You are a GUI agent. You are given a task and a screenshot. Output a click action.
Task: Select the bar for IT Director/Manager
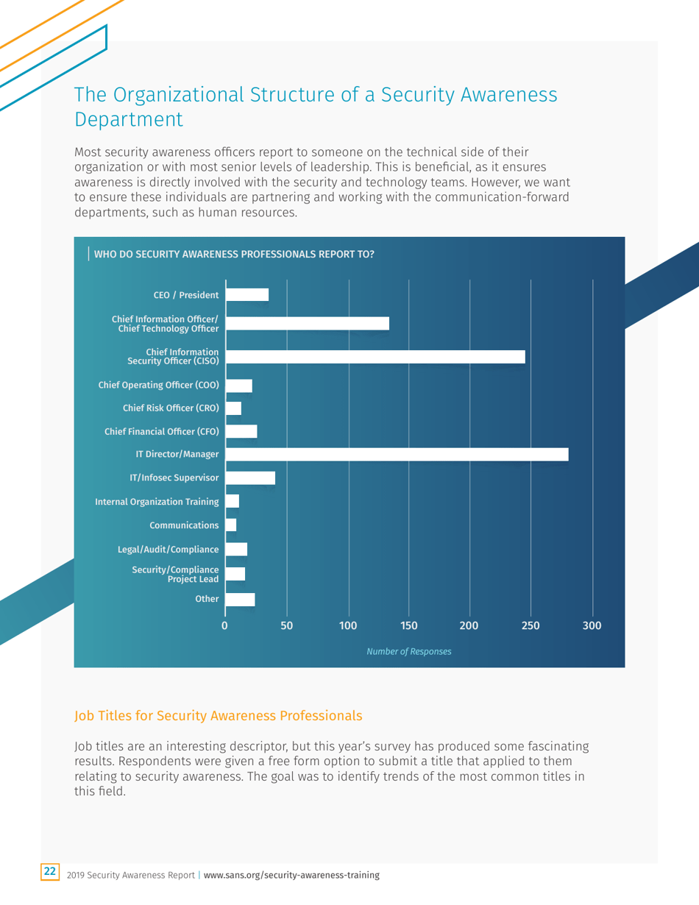click(397, 454)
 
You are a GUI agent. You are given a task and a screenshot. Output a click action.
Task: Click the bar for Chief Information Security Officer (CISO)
click(375, 357)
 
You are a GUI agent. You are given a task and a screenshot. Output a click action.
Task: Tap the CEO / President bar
click(247, 295)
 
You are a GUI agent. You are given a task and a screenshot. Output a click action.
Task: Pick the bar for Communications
click(231, 525)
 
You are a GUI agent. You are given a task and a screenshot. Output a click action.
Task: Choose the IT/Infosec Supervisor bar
click(250, 478)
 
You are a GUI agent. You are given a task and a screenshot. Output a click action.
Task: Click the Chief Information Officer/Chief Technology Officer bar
click(308, 323)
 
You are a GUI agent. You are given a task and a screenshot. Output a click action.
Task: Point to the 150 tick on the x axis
click(409, 626)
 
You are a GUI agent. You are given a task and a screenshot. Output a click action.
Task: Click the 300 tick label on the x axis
click(592, 626)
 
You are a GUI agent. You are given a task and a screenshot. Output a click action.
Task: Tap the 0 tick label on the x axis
click(225, 626)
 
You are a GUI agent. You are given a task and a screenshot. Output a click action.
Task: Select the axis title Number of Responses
click(408, 652)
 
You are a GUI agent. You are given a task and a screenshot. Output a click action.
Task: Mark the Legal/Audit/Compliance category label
click(168, 549)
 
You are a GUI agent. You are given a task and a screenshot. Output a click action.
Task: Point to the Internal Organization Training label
click(157, 502)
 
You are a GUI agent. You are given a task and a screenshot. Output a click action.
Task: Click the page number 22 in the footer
click(49, 872)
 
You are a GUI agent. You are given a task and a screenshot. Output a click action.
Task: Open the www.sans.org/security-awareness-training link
click(291, 875)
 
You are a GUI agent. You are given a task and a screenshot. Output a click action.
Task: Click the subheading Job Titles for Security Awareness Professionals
click(219, 714)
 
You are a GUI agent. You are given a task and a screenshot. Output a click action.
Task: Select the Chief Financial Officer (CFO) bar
click(241, 431)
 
